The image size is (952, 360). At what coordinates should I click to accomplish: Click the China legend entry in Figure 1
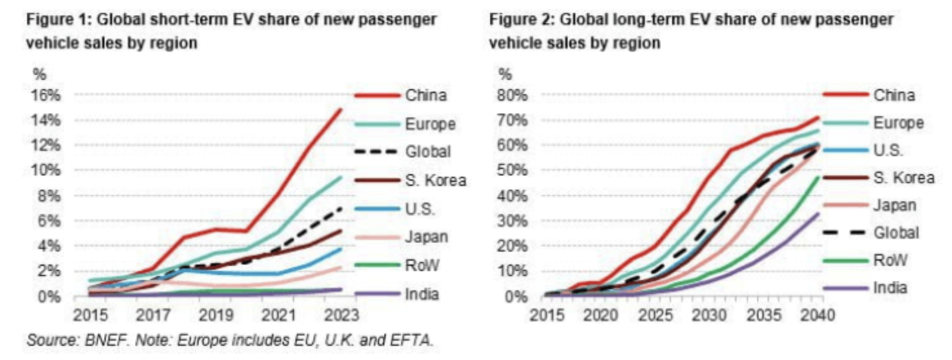point(426,96)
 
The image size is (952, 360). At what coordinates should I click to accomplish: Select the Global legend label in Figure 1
point(428,152)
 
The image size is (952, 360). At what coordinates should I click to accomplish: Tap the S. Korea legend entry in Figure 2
point(904,177)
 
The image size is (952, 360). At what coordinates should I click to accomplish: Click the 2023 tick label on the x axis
point(341,316)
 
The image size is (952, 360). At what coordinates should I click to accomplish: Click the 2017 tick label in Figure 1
point(152,316)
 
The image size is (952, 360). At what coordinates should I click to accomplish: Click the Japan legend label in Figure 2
point(895,205)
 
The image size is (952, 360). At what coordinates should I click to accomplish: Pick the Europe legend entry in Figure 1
point(431,125)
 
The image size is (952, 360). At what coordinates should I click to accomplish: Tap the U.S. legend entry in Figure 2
point(888,150)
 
